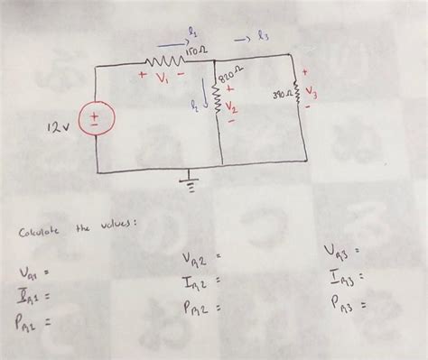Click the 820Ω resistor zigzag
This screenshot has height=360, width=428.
(x=218, y=91)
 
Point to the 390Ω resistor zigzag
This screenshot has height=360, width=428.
(x=296, y=94)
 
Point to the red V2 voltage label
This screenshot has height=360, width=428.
(x=230, y=106)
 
